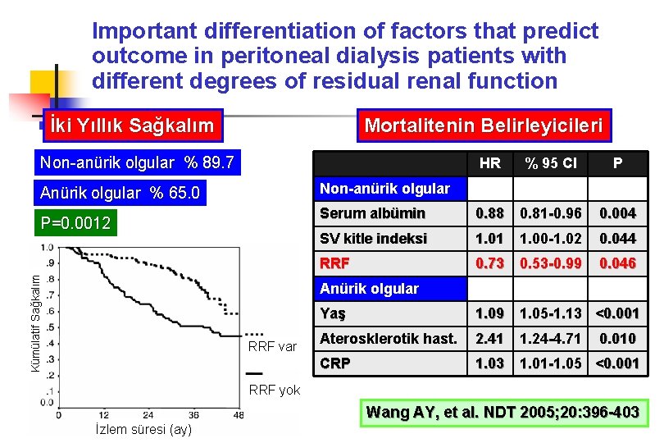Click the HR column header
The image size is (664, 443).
click(489, 163)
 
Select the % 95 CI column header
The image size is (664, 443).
click(551, 163)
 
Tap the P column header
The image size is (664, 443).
click(616, 163)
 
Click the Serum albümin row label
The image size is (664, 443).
click(372, 213)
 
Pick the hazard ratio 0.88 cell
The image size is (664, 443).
click(489, 213)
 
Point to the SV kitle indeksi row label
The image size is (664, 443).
click(373, 239)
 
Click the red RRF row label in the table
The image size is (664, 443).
click(334, 263)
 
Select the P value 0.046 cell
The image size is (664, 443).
click(616, 263)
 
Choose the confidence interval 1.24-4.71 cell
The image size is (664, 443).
click(551, 338)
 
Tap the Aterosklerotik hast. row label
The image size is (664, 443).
click(388, 338)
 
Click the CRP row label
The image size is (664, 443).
click(334, 363)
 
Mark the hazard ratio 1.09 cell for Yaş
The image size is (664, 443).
click(489, 313)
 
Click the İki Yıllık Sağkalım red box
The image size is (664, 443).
click(132, 126)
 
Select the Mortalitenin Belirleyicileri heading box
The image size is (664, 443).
click(483, 126)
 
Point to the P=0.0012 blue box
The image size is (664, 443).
click(76, 223)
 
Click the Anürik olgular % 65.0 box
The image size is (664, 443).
click(121, 194)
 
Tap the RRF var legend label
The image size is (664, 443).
click(271, 347)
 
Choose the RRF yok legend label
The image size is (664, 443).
click(274, 390)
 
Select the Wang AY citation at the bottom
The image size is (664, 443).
click(502, 412)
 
